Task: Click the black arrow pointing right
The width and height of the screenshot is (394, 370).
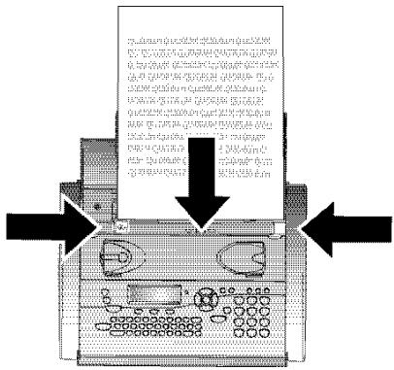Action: coord(49,225)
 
